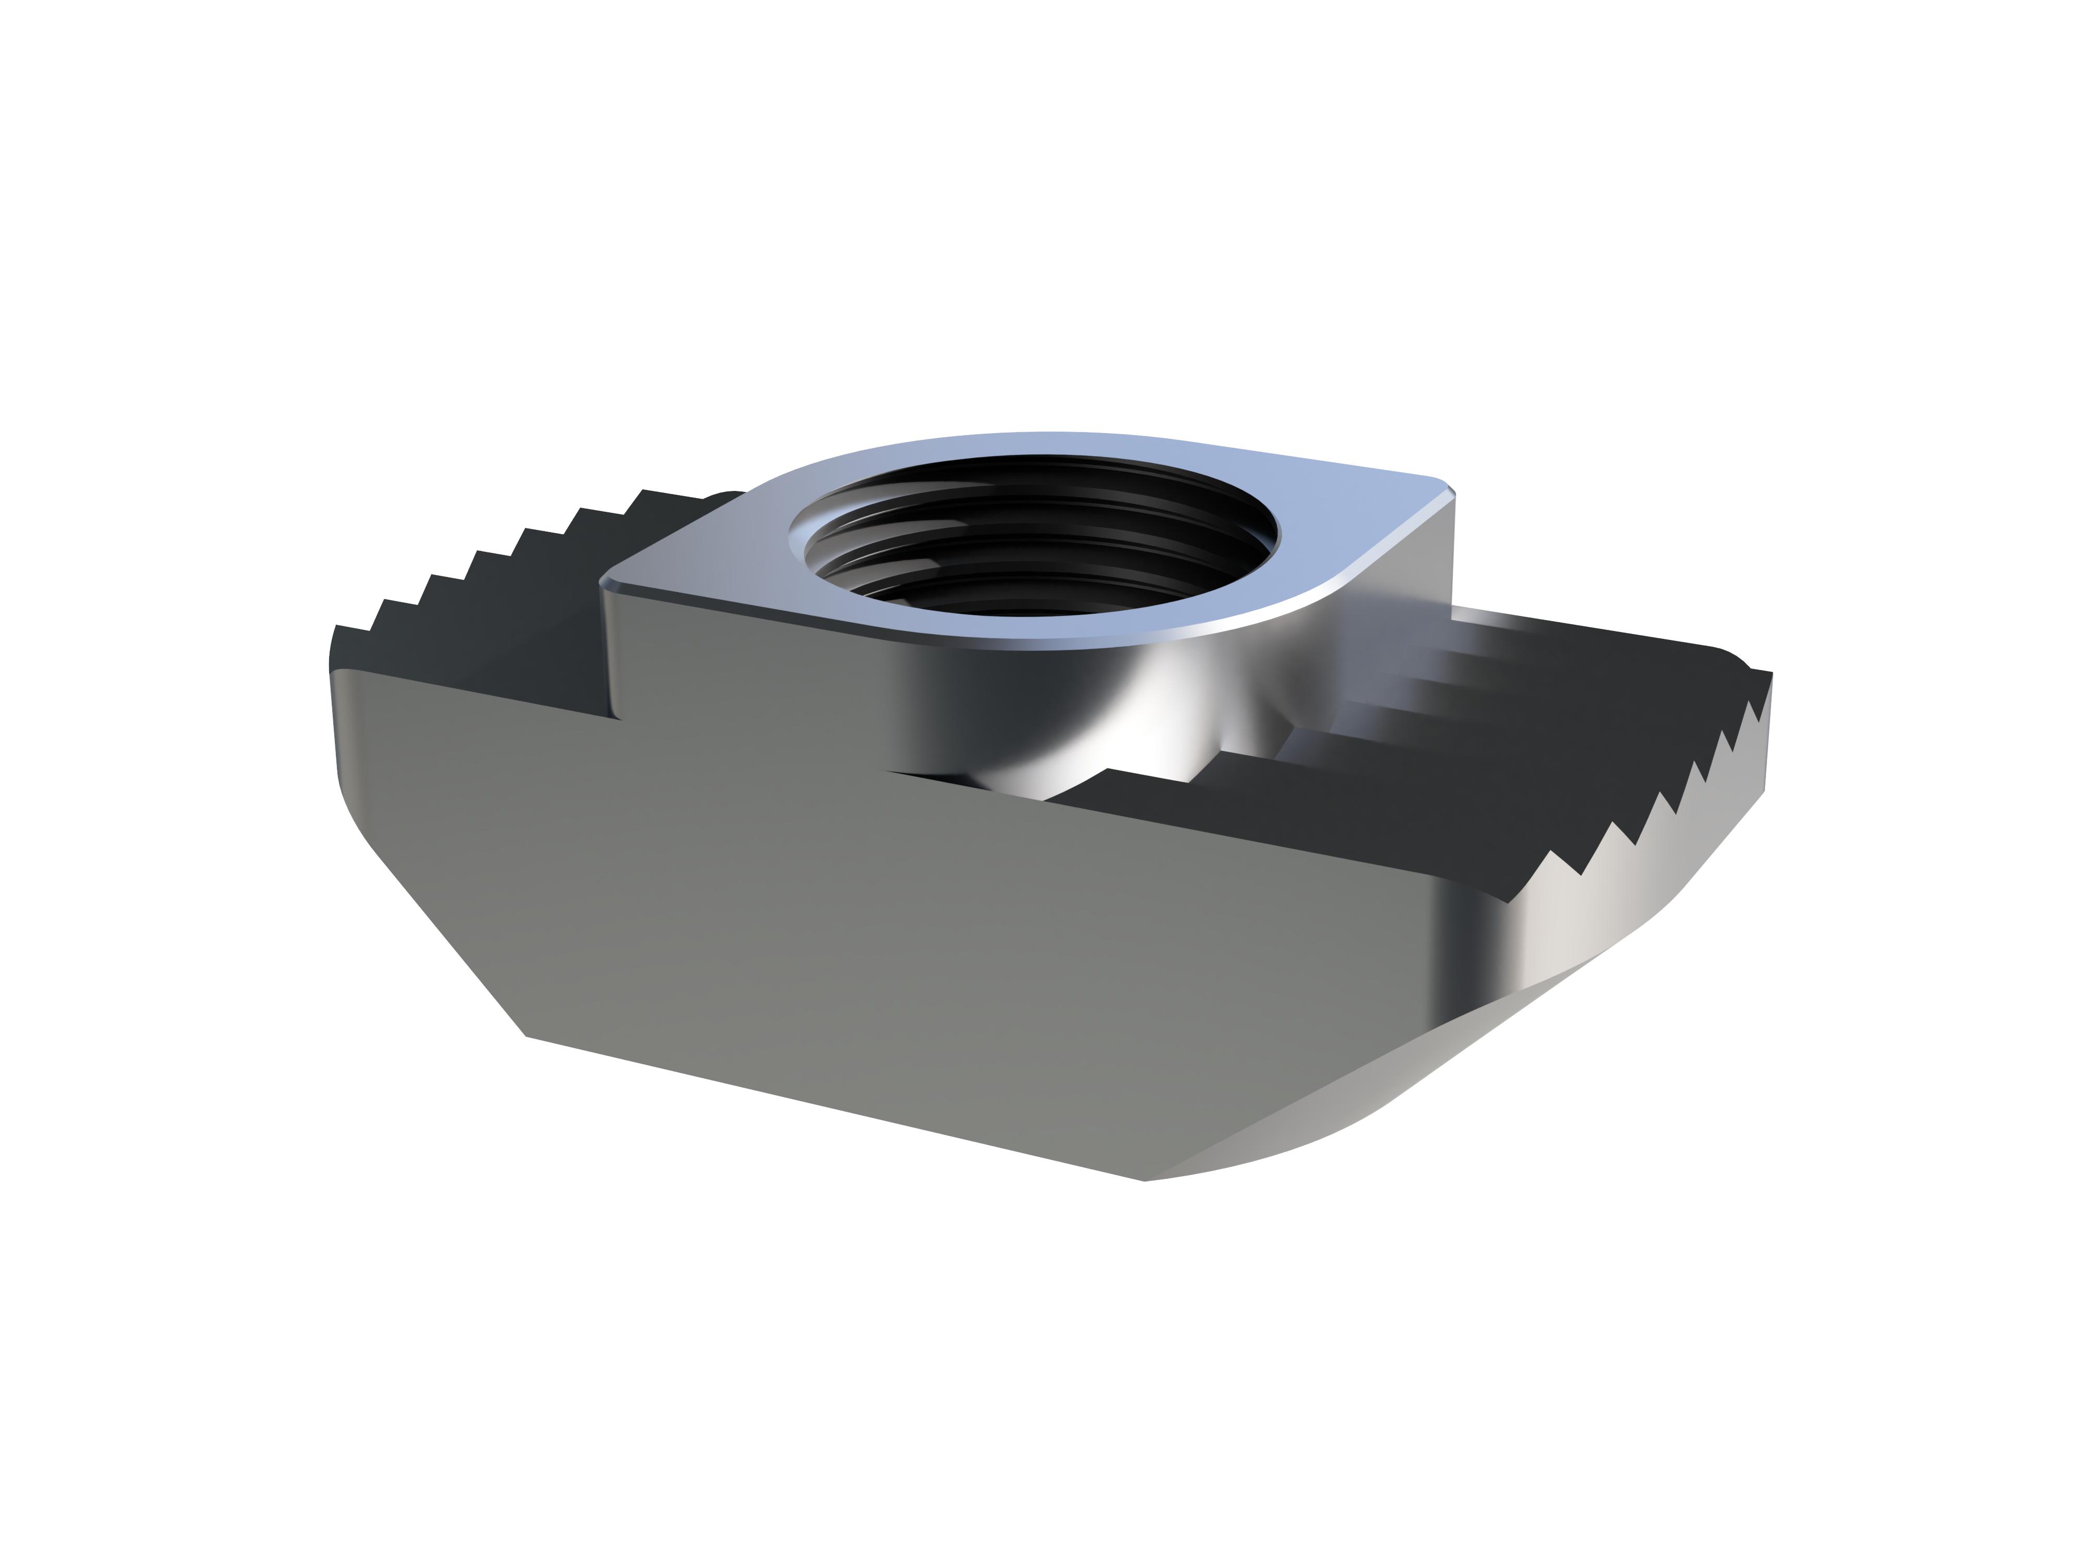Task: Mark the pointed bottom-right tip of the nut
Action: coord(1144,1180)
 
